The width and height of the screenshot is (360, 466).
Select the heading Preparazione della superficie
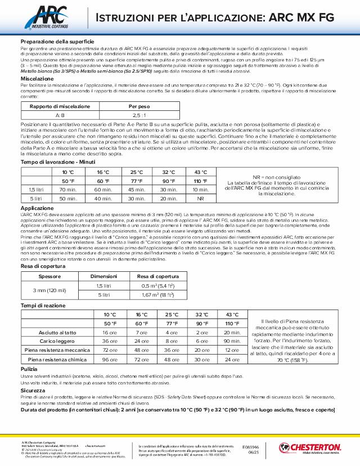57,42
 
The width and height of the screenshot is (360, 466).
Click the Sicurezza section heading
33,389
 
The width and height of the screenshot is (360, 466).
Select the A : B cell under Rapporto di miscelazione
52,114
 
